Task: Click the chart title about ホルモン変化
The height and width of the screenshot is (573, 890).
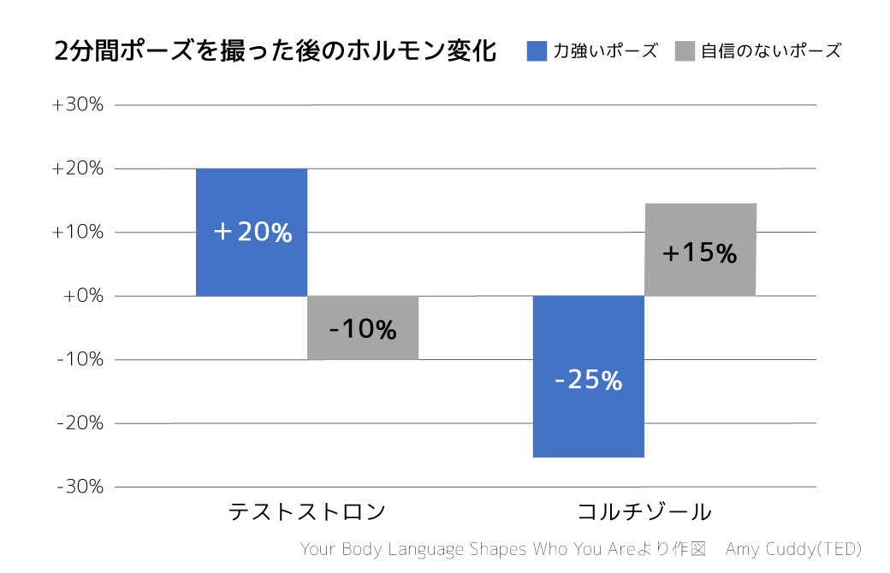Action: point(275,51)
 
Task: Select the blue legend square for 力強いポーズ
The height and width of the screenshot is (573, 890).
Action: point(537,51)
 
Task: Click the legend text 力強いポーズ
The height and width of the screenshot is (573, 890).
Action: point(605,51)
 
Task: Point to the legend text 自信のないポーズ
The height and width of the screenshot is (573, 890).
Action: point(770,51)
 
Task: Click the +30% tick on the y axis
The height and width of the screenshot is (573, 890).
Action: point(78,105)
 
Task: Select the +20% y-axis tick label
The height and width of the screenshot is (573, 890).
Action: point(78,168)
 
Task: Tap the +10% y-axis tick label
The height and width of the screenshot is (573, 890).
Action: point(78,233)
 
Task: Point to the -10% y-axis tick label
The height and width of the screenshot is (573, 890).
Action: point(80,359)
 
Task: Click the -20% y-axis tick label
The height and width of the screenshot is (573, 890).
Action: point(80,423)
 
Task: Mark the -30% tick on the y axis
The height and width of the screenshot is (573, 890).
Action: point(80,487)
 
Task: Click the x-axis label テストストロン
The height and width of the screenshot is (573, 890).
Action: point(307,512)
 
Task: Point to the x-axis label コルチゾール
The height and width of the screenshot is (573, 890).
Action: point(644,512)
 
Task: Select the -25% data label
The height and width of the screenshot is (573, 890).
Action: point(588,381)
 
